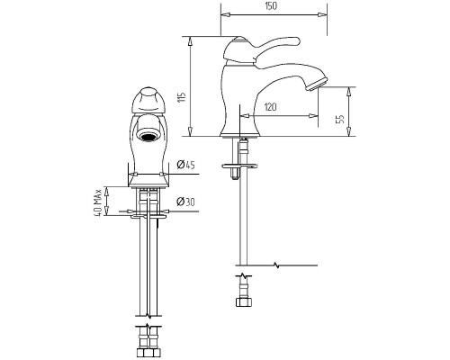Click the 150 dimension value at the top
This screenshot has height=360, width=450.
pyautogui.click(x=271, y=6)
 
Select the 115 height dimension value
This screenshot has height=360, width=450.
pyautogui.click(x=182, y=97)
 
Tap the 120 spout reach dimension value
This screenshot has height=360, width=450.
pyautogui.click(x=271, y=107)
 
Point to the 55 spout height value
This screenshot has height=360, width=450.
pyautogui.click(x=340, y=119)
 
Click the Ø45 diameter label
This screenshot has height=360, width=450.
pyautogui.click(x=185, y=165)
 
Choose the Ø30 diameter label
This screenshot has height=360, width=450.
pyautogui.click(x=185, y=202)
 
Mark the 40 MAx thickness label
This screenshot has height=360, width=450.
pyautogui.click(x=98, y=202)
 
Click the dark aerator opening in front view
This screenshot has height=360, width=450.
pyautogui.click(x=148, y=137)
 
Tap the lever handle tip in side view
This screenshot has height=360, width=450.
pyautogui.click(x=295, y=40)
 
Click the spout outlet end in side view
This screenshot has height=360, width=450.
pyautogui.click(x=317, y=84)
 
